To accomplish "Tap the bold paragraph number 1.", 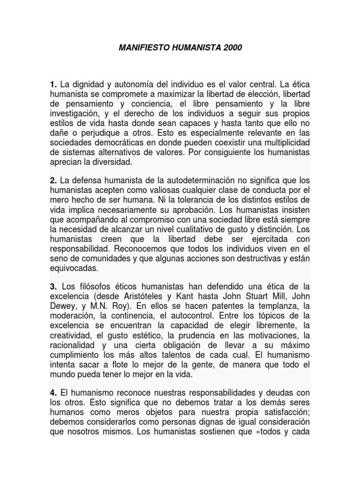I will (53, 85).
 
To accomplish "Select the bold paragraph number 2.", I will (53, 180).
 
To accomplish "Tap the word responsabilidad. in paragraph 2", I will (83, 247).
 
